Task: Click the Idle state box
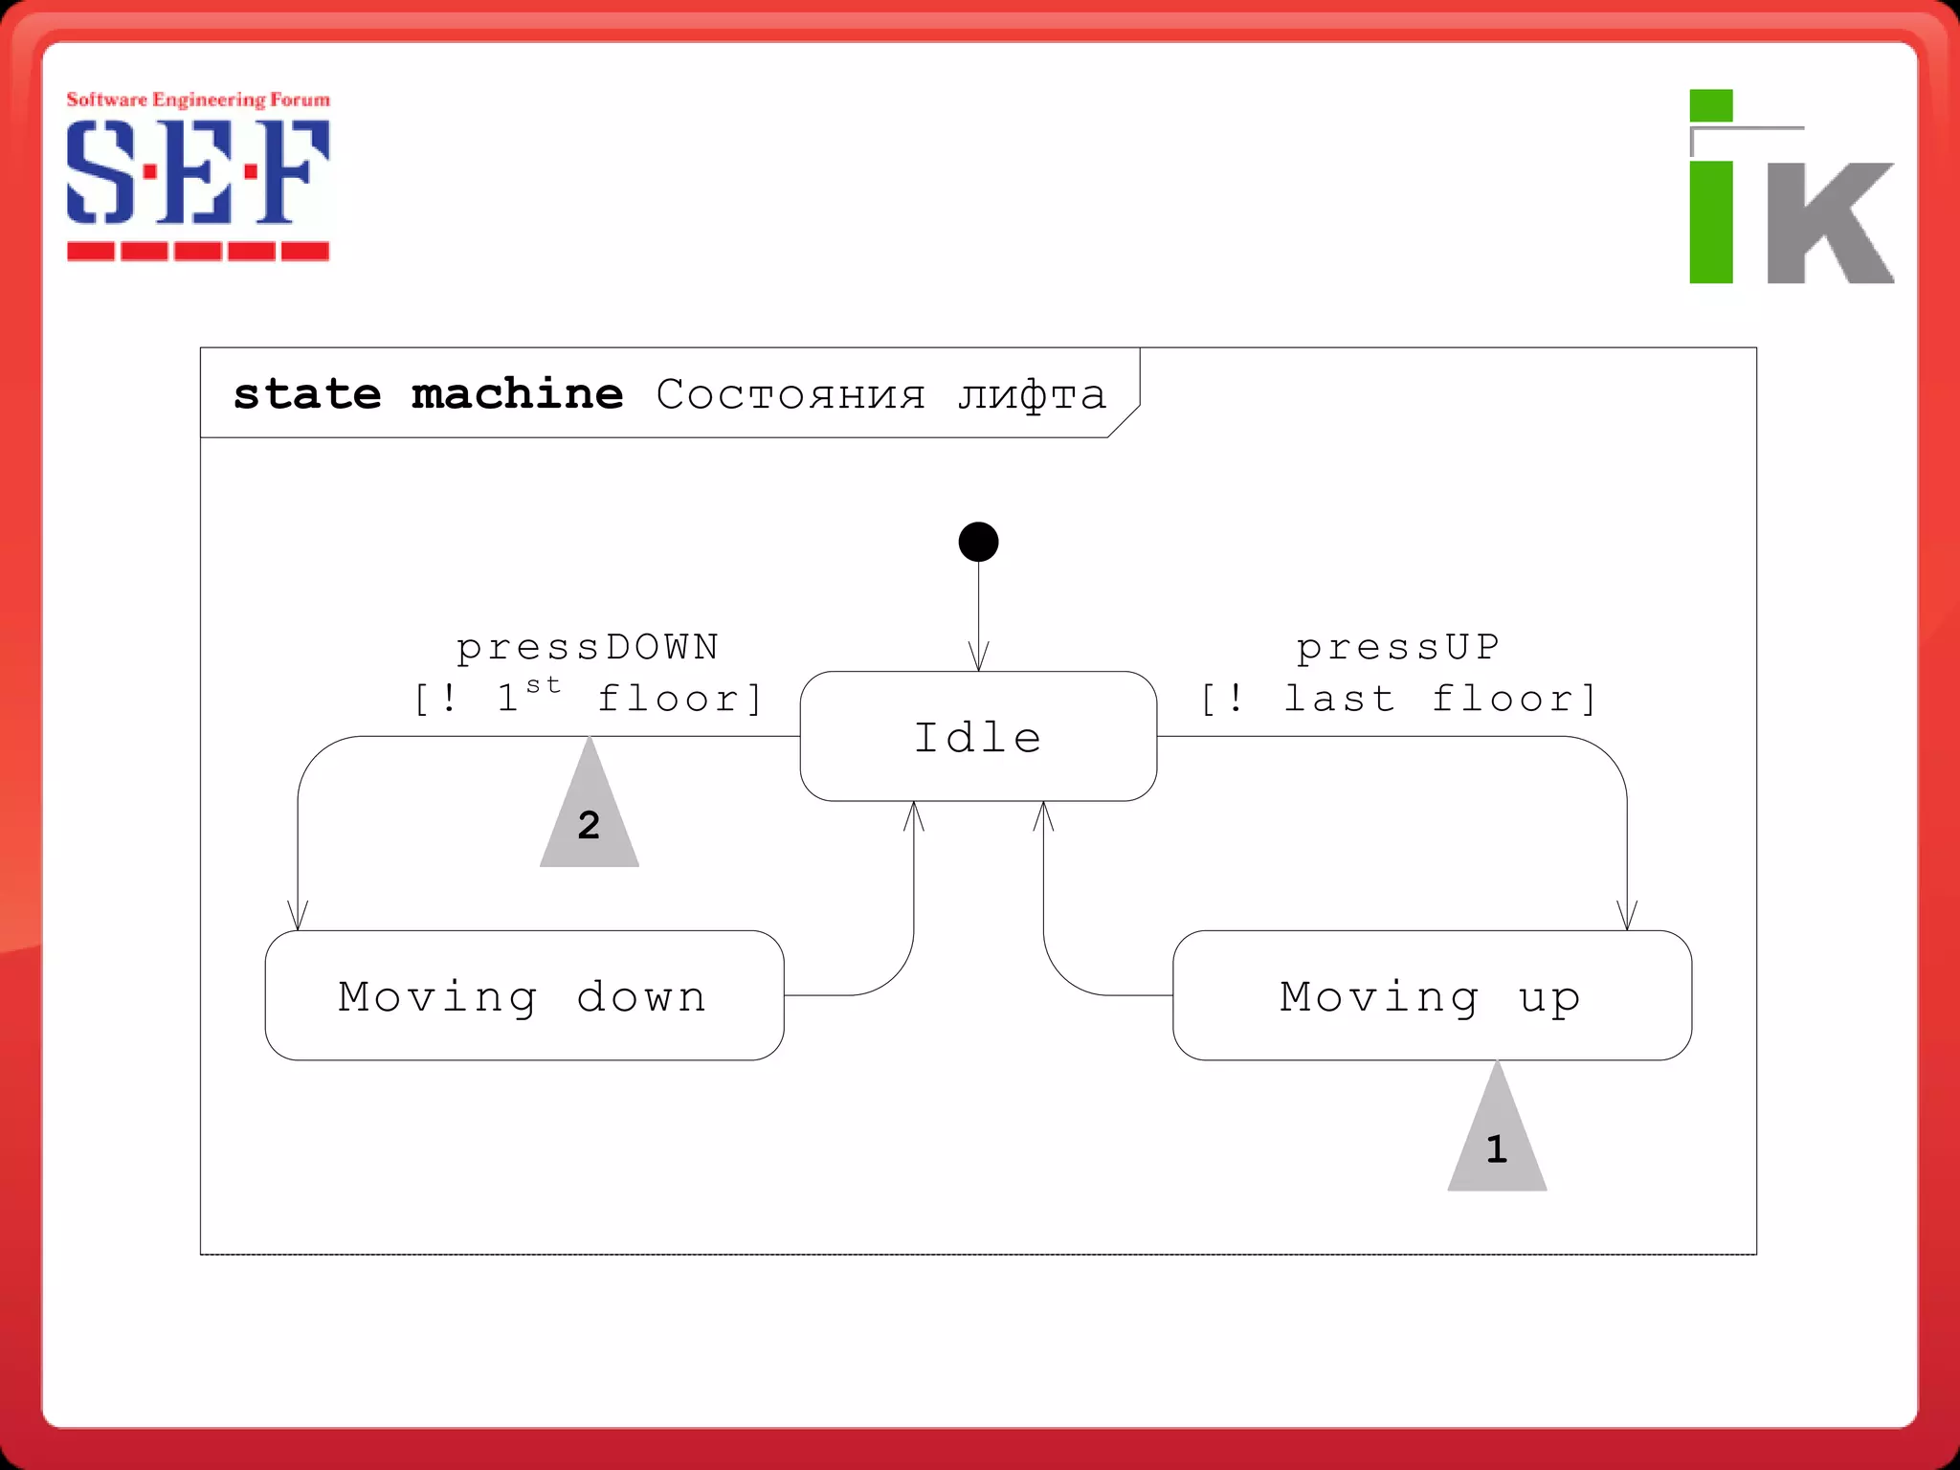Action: tap(978, 736)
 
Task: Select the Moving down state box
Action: tap(523, 995)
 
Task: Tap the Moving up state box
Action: tap(1432, 995)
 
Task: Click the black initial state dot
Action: tap(978, 542)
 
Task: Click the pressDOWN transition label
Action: tap(588, 648)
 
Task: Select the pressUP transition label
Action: tap(1397, 648)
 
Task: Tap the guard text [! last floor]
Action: tap(1398, 700)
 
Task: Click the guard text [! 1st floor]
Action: tap(588, 698)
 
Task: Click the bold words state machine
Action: tap(428, 394)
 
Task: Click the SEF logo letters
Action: tap(198, 172)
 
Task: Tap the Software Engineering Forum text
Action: tap(198, 100)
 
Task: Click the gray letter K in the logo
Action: tap(1830, 222)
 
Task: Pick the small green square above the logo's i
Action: tap(1711, 105)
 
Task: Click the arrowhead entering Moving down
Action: tap(298, 917)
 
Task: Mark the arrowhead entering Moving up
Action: tap(1627, 917)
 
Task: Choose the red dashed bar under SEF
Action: tap(198, 252)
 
